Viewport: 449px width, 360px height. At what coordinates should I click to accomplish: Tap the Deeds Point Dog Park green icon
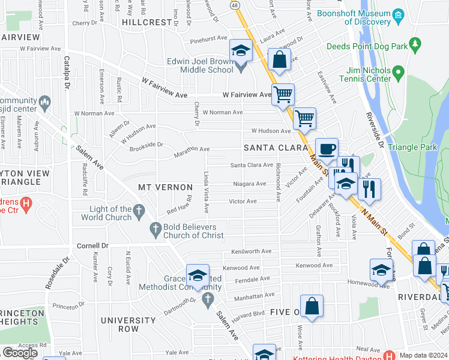point(414,45)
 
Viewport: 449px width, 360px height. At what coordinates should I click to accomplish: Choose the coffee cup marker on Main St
point(326,149)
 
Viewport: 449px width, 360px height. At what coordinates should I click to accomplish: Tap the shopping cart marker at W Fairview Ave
point(283,94)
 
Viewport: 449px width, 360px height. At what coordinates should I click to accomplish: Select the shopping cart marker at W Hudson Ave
point(304,118)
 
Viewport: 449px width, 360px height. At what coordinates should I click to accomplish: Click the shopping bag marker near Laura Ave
point(279,59)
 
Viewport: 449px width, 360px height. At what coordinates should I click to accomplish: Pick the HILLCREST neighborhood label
point(147,22)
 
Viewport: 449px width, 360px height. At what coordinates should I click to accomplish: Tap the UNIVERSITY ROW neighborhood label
point(128,325)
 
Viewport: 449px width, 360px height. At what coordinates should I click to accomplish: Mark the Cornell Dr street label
point(92,246)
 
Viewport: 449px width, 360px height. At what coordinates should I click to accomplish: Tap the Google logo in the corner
point(20,353)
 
